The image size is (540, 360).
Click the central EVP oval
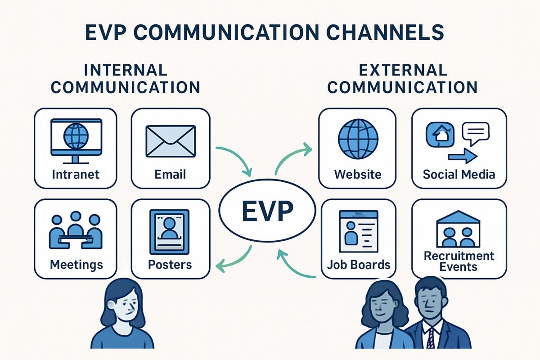(267, 211)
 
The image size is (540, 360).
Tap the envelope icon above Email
(171, 141)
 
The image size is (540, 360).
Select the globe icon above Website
(358, 139)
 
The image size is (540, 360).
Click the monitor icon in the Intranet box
(76, 141)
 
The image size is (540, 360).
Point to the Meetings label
(76, 265)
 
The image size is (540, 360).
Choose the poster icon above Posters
(170, 232)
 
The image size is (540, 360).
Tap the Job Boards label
(359, 265)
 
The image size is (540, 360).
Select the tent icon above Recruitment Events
(458, 229)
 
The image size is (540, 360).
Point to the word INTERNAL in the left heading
(126, 70)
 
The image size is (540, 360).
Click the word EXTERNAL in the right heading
(403, 70)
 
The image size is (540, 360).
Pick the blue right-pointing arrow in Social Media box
(463, 156)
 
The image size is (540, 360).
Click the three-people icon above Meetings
(76, 230)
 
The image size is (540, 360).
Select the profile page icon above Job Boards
(359, 231)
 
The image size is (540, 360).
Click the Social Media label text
(459, 174)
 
